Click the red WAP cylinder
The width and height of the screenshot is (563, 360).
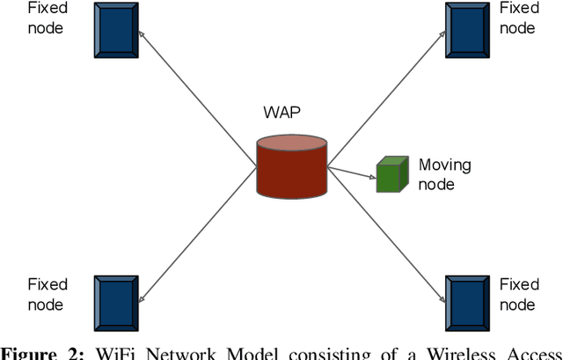(x=292, y=167)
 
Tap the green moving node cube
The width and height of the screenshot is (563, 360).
(x=391, y=174)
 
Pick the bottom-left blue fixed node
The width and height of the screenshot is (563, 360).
(x=116, y=303)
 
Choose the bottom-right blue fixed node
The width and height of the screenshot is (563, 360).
(x=468, y=303)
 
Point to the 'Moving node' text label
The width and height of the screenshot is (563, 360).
(x=443, y=174)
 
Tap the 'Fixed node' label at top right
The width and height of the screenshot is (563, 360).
(x=519, y=18)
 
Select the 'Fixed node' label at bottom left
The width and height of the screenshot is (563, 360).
(x=48, y=294)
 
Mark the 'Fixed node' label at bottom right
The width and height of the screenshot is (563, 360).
(x=519, y=294)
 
